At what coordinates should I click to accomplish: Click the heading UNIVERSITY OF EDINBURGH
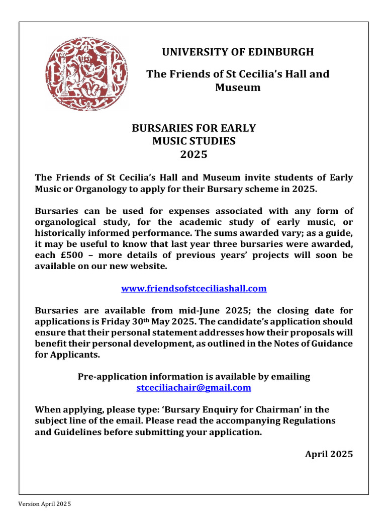pos(237,52)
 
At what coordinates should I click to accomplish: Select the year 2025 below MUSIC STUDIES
pos(194,154)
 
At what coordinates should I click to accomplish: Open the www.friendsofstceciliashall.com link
pos(194,289)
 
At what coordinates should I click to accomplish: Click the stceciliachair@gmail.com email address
pos(194,388)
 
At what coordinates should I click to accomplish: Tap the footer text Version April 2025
pos(45,504)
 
